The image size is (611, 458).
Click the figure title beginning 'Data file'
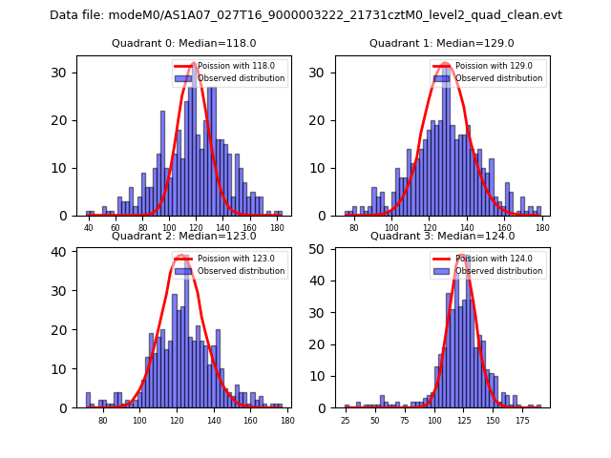(x=305, y=15)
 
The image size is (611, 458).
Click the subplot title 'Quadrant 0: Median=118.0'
(x=184, y=43)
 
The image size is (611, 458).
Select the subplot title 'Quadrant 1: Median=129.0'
(x=442, y=43)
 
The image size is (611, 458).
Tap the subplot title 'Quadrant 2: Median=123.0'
(x=184, y=236)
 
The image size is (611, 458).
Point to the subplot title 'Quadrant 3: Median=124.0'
(x=442, y=236)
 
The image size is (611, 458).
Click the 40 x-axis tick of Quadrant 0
(x=89, y=228)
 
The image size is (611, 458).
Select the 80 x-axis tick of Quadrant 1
(x=354, y=228)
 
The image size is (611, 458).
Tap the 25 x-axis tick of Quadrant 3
(x=346, y=421)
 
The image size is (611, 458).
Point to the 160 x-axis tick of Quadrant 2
(x=250, y=421)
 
